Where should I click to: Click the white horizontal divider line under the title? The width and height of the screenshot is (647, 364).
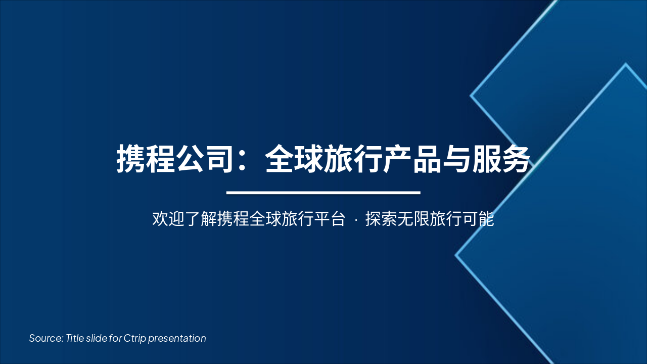click(x=323, y=193)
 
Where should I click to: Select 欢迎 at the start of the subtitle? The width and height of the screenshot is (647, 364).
click(x=168, y=219)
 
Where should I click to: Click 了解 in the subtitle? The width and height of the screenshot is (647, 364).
click(x=201, y=219)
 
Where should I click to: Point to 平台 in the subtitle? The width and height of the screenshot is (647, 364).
click(x=330, y=219)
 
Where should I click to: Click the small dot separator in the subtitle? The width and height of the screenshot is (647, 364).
click(x=355, y=220)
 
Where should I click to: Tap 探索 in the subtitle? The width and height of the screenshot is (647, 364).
click(x=381, y=219)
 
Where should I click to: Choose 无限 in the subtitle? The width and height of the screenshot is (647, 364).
click(x=413, y=219)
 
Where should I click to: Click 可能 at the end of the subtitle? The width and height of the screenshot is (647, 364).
click(x=478, y=219)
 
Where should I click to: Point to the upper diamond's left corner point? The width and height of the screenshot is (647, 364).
click(x=471, y=95)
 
